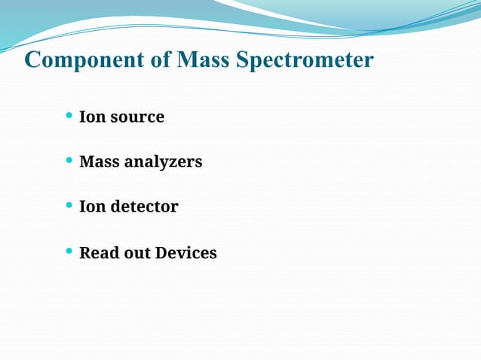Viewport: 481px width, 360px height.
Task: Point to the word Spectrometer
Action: click(305, 59)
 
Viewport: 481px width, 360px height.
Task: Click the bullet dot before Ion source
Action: click(69, 116)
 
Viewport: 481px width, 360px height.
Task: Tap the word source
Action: click(136, 118)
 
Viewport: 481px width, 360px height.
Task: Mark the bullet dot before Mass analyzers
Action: click(69, 160)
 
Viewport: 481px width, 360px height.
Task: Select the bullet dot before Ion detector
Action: click(69, 205)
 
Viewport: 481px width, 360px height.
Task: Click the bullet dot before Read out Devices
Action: click(69, 251)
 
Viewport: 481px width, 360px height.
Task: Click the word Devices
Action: click(185, 253)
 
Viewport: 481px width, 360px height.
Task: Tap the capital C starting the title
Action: click(32, 59)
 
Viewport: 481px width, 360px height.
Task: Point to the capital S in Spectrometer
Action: click(243, 59)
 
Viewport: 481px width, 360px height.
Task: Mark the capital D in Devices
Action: click(161, 253)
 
